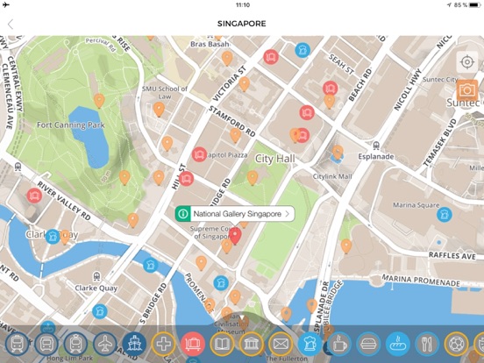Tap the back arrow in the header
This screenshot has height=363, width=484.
[11, 24]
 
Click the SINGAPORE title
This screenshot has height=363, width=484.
[241, 24]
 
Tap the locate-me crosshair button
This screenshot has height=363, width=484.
[466, 61]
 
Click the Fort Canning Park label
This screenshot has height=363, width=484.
[70, 125]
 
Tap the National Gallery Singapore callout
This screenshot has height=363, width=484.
[235, 213]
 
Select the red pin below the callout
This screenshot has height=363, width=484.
[235, 234]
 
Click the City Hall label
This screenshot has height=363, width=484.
[274, 159]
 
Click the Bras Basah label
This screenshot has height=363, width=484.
[210, 44]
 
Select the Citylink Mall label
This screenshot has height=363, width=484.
[332, 176]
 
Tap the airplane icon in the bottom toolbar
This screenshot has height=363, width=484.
[105, 343]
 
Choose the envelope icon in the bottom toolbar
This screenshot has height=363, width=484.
[281, 343]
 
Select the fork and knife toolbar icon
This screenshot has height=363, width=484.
[426, 343]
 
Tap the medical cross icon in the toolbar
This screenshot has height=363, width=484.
[163, 343]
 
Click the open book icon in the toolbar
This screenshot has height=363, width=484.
[222, 343]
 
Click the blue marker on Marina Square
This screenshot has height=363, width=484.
[445, 214]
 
